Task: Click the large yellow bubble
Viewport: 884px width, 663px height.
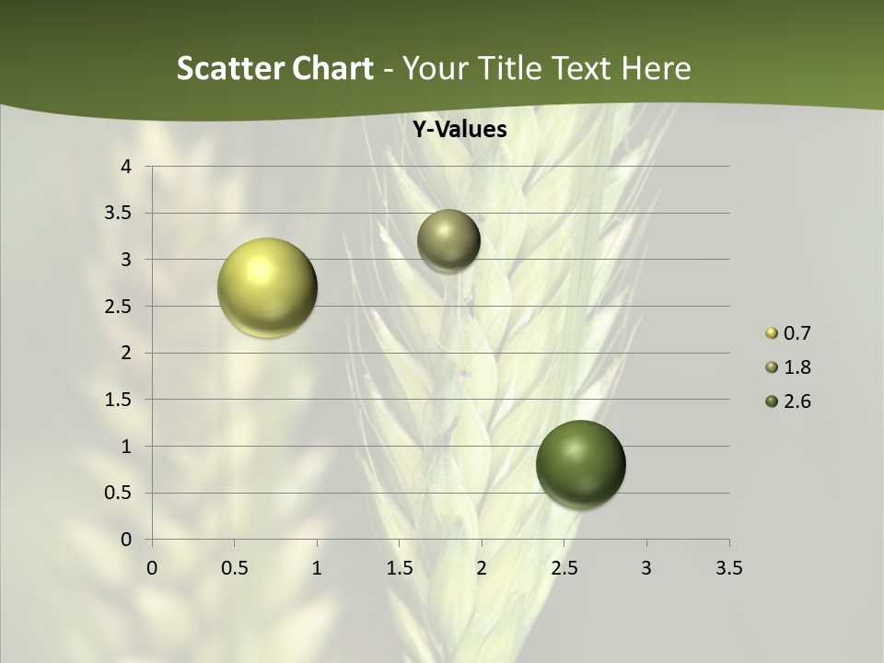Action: pyautogui.click(x=267, y=287)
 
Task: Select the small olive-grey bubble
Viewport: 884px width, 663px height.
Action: pyautogui.click(x=448, y=240)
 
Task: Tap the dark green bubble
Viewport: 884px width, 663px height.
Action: pyautogui.click(x=580, y=464)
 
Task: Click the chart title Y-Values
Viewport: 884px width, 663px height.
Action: pyautogui.click(x=459, y=130)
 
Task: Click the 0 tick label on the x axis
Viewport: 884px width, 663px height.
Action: pyautogui.click(x=152, y=568)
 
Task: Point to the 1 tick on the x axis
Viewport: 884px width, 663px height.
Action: pyautogui.click(x=317, y=568)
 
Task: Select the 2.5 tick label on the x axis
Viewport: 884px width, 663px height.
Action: pyautogui.click(x=564, y=568)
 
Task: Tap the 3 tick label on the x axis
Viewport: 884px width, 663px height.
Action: pyautogui.click(x=646, y=568)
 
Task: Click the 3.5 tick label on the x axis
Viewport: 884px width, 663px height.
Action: pyautogui.click(x=728, y=568)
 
